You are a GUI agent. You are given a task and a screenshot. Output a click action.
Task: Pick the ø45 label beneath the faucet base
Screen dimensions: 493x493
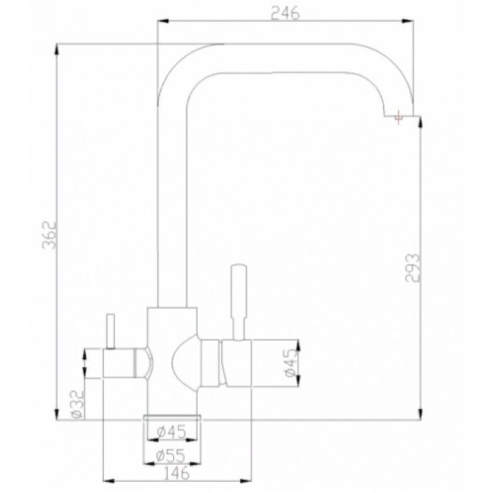[x=172, y=431]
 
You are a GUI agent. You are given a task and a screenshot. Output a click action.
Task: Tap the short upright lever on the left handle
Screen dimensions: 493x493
[x=110, y=330]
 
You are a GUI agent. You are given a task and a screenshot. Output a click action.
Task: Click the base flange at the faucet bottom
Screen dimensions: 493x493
[x=173, y=416]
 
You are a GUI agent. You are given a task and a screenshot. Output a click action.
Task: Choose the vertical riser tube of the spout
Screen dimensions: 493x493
[x=171, y=211]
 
